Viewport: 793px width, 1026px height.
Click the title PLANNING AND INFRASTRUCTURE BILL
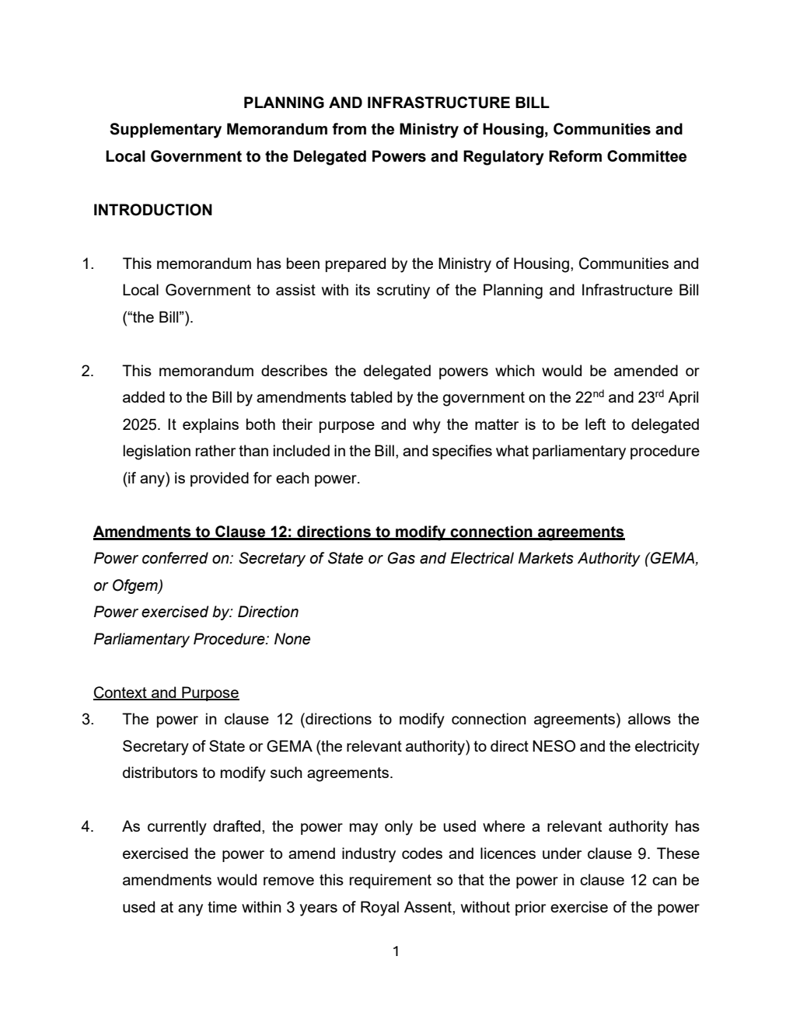coord(396,103)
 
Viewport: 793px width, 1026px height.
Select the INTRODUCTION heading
coord(152,210)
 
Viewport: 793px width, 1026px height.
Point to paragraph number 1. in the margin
coord(88,263)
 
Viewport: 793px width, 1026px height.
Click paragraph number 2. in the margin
coord(88,371)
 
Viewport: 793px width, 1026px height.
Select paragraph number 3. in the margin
coord(88,719)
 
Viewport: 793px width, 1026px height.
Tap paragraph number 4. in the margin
coord(88,826)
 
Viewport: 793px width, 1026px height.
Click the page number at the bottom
coord(396,951)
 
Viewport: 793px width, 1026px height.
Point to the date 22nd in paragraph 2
coord(589,397)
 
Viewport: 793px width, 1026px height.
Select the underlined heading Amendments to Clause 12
coord(358,532)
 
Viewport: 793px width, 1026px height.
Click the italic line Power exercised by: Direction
coord(196,612)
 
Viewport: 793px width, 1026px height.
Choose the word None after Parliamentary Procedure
coord(292,639)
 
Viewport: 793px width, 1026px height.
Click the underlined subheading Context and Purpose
coord(166,693)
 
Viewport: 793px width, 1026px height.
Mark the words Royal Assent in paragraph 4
coord(405,907)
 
